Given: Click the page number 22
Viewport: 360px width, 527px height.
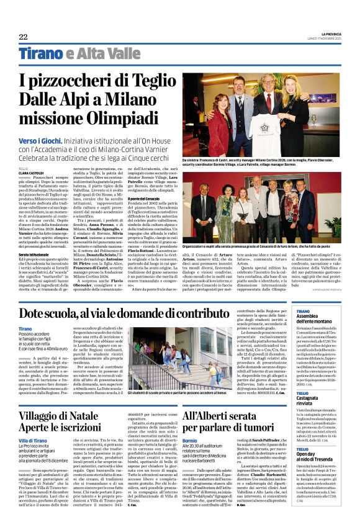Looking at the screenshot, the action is click(22, 37).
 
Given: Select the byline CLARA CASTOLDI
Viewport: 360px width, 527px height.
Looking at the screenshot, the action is click(31, 172).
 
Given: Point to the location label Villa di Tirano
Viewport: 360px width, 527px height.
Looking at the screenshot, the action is click(32, 423).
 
